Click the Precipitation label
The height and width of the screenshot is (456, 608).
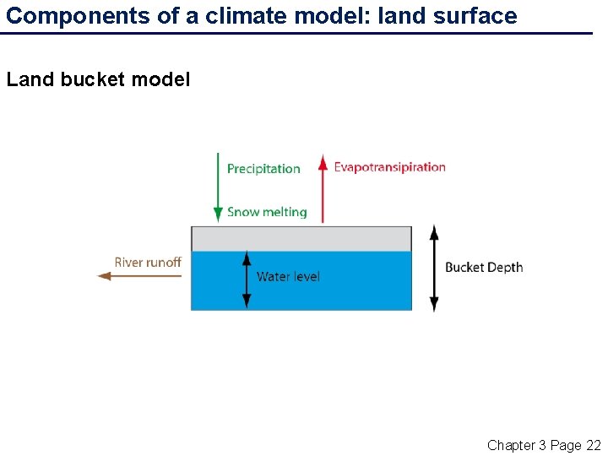263,169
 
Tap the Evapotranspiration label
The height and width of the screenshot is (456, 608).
389,167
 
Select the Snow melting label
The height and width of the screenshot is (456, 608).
267,212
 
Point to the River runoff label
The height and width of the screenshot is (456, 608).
148,263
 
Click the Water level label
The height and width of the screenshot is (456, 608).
288,276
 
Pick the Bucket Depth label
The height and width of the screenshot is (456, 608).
484,268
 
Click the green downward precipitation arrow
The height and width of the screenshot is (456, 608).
218,187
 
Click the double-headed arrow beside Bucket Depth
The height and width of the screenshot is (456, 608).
434,268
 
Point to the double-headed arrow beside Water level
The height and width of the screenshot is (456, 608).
247,279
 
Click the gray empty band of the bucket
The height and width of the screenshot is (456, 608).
301,239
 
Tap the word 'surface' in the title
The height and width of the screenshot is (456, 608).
477,15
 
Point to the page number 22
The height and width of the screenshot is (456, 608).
593,445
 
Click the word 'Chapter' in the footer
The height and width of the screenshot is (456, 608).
511,445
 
